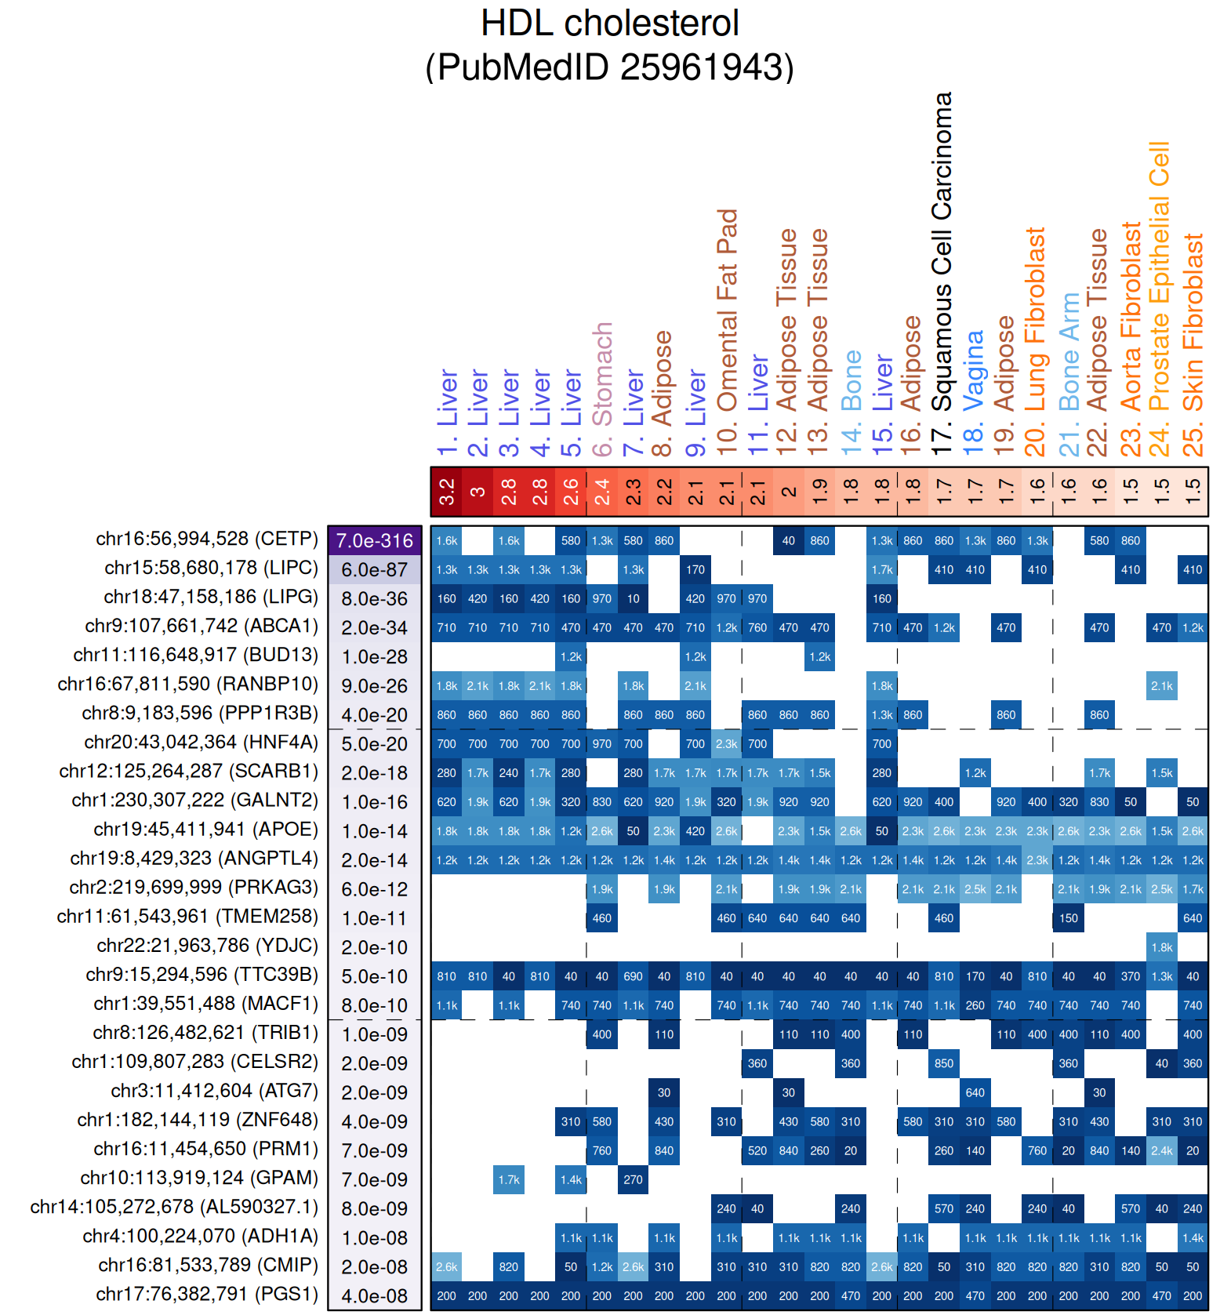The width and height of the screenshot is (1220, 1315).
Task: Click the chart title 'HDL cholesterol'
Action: pyautogui.click(x=609, y=24)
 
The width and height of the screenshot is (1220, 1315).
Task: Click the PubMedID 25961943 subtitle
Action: pyautogui.click(x=609, y=67)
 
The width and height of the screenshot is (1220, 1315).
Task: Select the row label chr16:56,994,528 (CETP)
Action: pyautogui.click(x=207, y=539)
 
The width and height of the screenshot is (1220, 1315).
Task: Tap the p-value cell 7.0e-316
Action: pyautogui.click(x=375, y=541)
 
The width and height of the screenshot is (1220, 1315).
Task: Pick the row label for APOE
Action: pyautogui.click(x=205, y=830)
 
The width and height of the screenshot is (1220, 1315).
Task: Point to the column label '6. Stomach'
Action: pyautogui.click(x=602, y=389)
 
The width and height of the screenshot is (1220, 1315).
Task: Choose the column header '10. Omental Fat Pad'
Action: pyautogui.click(x=727, y=332)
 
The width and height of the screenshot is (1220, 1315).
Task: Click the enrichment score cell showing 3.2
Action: pyautogui.click(x=447, y=492)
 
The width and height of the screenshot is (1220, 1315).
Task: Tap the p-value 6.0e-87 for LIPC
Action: pyautogui.click(x=375, y=570)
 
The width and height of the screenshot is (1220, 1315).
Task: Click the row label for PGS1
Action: pyautogui.click(x=207, y=1295)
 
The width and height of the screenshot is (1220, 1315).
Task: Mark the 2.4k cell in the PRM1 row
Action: pyautogui.click(x=1161, y=1151)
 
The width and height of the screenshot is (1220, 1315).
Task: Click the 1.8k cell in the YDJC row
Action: pyautogui.click(x=1161, y=947)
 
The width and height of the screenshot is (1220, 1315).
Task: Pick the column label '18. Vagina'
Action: pyautogui.click(x=974, y=393)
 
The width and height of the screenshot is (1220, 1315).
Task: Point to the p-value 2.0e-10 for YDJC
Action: pyautogui.click(x=375, y=947)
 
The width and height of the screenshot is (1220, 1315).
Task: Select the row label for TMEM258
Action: pyautogui.click(x=187, y=917)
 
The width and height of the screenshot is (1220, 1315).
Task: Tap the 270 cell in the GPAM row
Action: pyautogui.click(x=633, y=1180)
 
